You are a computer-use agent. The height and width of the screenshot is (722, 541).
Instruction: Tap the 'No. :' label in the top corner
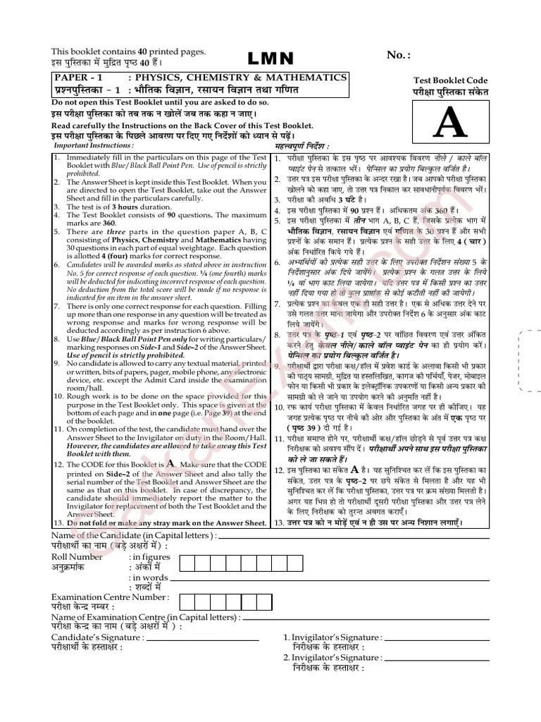click(398, 56)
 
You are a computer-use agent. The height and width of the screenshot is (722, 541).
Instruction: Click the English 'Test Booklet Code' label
click(451, 82)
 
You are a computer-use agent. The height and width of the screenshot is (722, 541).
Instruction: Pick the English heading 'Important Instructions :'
click(94, 145)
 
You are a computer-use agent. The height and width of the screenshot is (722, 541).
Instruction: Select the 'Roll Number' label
click(77, 557)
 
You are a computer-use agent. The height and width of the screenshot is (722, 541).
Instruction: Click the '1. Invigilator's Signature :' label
click(333, 637)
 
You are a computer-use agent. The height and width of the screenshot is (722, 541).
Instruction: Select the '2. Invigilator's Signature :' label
click(333, 658)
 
